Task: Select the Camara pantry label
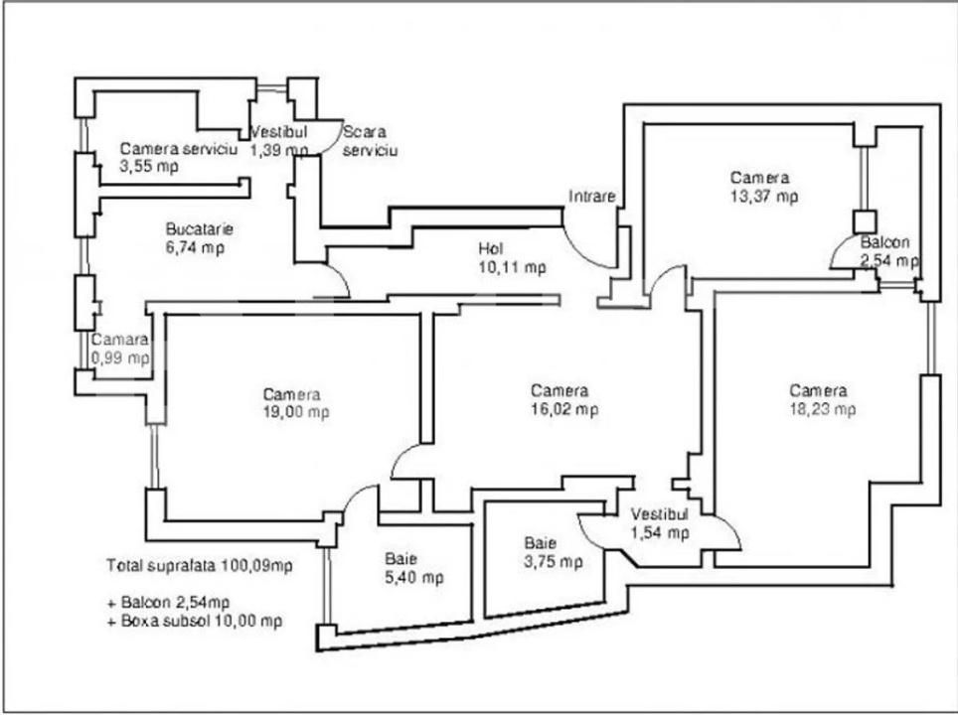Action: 121,340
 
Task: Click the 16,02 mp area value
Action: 563,409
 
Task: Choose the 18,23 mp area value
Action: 821,408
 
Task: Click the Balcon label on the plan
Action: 884,242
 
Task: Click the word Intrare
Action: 592,196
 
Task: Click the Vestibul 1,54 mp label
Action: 660,523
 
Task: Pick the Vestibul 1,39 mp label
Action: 279,140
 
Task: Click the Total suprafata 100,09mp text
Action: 199,566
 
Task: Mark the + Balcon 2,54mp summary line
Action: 169,602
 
